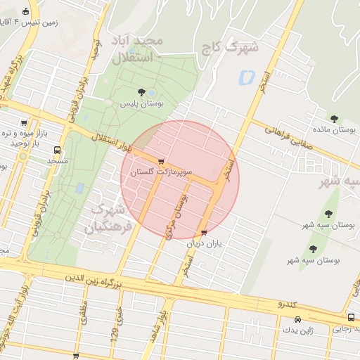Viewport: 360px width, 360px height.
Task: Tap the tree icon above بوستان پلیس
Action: tap(141, 92)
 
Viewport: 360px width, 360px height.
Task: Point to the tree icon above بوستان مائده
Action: tap(335, 118)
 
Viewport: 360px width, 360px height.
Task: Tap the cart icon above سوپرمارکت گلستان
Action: tap(162, 162)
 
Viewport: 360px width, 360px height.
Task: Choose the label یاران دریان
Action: tap(204, 243)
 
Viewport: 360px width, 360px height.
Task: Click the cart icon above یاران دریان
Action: tap(204, 233)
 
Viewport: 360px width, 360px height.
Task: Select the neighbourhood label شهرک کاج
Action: tap(236, 49)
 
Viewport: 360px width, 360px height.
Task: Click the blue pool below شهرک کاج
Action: tap(246, 77)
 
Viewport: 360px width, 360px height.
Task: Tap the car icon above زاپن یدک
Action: tap(297, 319)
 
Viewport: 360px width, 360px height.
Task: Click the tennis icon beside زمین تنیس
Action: tap(26, 11)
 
